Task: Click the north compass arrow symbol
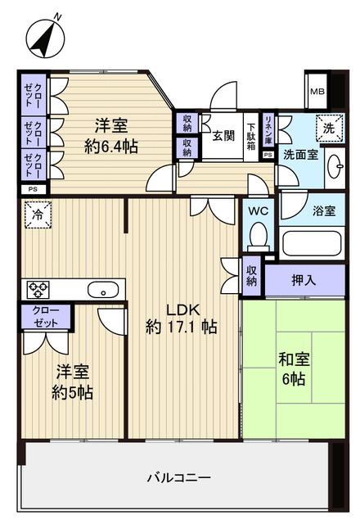click(43, 36)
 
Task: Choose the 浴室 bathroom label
click(323, 210)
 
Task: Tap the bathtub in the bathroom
click(311, 243)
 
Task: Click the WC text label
click(259, 210)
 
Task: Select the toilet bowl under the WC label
click(259, 237)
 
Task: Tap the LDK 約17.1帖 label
click(181, 318)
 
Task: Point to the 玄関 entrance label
click(224, 136)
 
